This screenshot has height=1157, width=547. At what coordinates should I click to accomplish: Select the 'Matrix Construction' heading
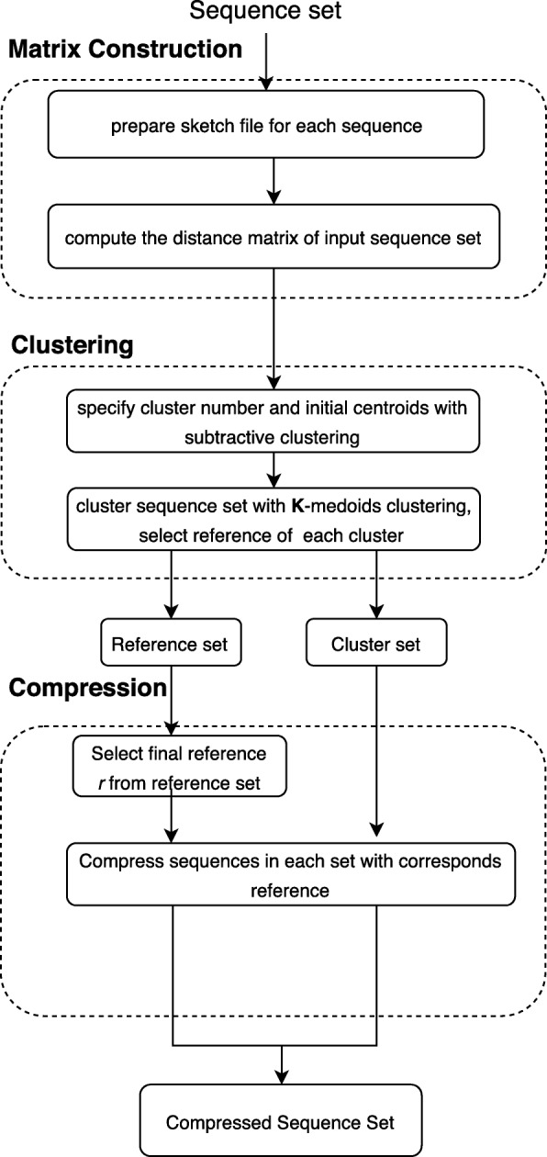tap(126, 50)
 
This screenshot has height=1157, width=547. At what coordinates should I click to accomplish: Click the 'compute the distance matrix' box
tap(273, 242)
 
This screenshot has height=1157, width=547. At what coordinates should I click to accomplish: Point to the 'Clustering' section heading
tap(73, 346)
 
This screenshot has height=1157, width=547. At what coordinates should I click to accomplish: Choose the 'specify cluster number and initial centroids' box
tap(273, 421)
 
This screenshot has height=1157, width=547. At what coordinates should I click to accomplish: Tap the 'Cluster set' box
tap(375, 645)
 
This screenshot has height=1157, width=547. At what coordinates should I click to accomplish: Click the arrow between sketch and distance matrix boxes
tap(273, 180)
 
